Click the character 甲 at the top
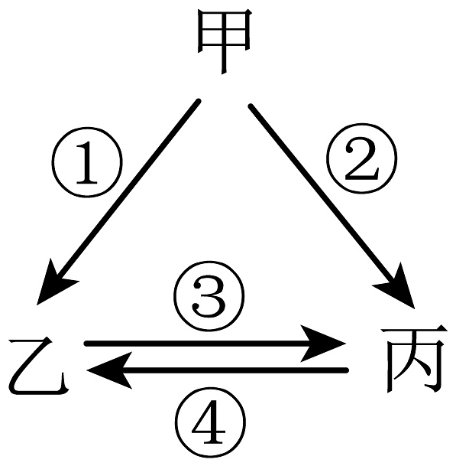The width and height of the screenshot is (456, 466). tap(225, 41)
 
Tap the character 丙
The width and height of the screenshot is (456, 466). tap(414, 359)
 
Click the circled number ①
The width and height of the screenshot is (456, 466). tap(87, 162)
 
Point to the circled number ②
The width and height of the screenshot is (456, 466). tap(361, 158)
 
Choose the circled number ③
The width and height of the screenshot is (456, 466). tap(209, 296)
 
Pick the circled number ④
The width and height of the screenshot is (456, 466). tap(210, 421)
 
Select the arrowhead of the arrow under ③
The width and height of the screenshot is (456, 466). tap(322, 344)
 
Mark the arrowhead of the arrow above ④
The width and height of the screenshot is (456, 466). tap(110, 370)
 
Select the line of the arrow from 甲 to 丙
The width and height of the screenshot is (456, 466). tap(323, 194)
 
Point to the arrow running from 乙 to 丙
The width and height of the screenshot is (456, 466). tap(215, 344)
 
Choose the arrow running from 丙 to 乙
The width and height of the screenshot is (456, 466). tap(218, 370)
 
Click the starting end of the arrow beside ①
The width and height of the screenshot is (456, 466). tap(199, 102)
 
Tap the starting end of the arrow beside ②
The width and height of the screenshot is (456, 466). tap(251, 106)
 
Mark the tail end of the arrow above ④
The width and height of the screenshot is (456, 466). tap(346, 370)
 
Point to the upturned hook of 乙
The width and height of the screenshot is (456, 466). tap(63, 383)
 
